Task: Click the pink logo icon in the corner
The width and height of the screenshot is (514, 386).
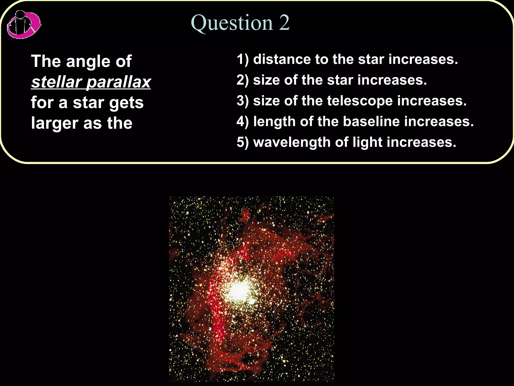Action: click(24, 25)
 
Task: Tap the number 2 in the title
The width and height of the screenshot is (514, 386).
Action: click(284, 23)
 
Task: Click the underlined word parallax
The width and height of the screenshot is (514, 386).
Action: click(118, 82)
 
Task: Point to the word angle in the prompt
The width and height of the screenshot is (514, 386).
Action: click(88, 62)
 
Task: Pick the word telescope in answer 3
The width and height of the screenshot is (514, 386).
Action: click(360, 101)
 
